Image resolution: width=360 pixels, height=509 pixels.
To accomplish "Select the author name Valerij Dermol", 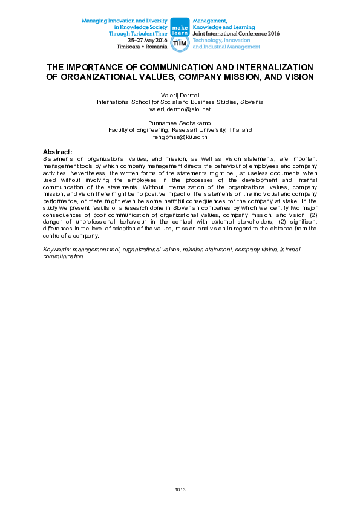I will pos(180,96).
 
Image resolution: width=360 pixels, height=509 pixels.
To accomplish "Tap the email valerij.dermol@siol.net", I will pos(180,109).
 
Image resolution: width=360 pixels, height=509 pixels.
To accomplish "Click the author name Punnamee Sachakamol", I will pos(180,123).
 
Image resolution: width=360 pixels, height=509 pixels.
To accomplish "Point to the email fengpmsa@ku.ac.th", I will pos(180,137).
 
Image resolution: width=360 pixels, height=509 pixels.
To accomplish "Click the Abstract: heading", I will pos(57,151).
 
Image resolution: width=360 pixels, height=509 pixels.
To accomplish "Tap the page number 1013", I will pos(180,489).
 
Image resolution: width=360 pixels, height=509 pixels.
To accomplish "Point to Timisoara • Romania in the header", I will pos(142,47).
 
